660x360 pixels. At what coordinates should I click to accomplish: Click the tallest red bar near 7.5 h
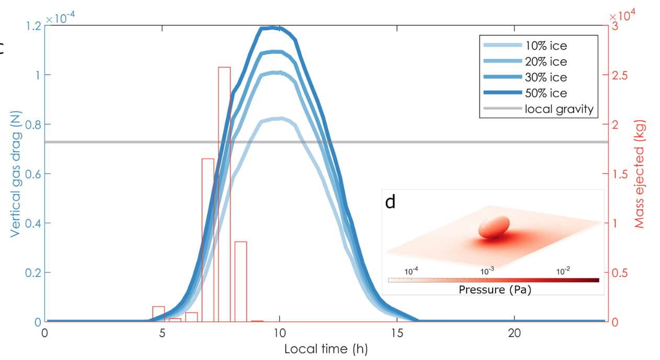click(224, 194)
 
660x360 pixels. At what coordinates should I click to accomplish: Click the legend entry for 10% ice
click(546, 46)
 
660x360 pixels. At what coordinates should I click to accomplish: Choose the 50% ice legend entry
click(546, 93)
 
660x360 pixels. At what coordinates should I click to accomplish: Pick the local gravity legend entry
click(560, 109)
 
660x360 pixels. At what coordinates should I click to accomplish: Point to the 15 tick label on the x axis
click(397, 333)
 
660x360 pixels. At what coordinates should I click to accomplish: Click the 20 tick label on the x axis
click(515, 333)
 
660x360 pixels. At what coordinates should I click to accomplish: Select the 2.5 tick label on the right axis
click(620, 75)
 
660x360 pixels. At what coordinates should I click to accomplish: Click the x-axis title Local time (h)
click(326, 348)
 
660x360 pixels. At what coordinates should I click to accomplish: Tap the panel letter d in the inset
click(390, 202)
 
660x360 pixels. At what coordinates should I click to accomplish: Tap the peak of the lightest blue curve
click(281, 118)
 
